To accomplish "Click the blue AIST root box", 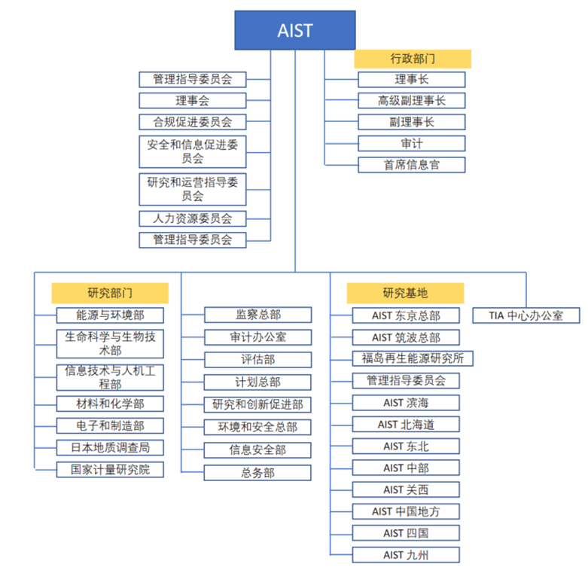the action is click(295, 30).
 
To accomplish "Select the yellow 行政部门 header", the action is click(413, 59).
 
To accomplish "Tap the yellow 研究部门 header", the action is click(110, 293).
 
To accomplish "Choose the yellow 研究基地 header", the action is click(405, 293).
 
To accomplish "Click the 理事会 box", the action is click(193, 100).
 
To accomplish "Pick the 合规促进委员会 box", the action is click(193, 122).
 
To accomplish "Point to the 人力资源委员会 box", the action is click(193, 218).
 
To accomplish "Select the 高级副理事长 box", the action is click(412, 100).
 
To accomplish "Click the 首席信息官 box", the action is click(412, 165).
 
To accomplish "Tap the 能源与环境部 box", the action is click(110, 315).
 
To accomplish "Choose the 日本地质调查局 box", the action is click(110, 447).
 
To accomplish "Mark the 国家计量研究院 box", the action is click(110, 470).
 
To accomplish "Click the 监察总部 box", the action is click(258, 315).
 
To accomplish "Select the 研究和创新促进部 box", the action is click(257, 404).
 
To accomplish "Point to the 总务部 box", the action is click(257, 473).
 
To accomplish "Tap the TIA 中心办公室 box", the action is click(526, 315).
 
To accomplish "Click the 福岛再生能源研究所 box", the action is click(413, 358).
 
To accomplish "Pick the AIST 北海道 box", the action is click(406, 425).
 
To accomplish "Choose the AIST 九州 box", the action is click(406, 555).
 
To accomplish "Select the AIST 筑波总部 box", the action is click(406, 337).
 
